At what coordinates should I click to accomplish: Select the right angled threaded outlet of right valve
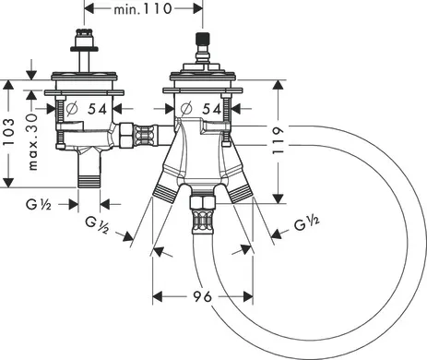tap(242, 192)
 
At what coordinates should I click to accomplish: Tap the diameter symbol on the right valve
tap(187, 110)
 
